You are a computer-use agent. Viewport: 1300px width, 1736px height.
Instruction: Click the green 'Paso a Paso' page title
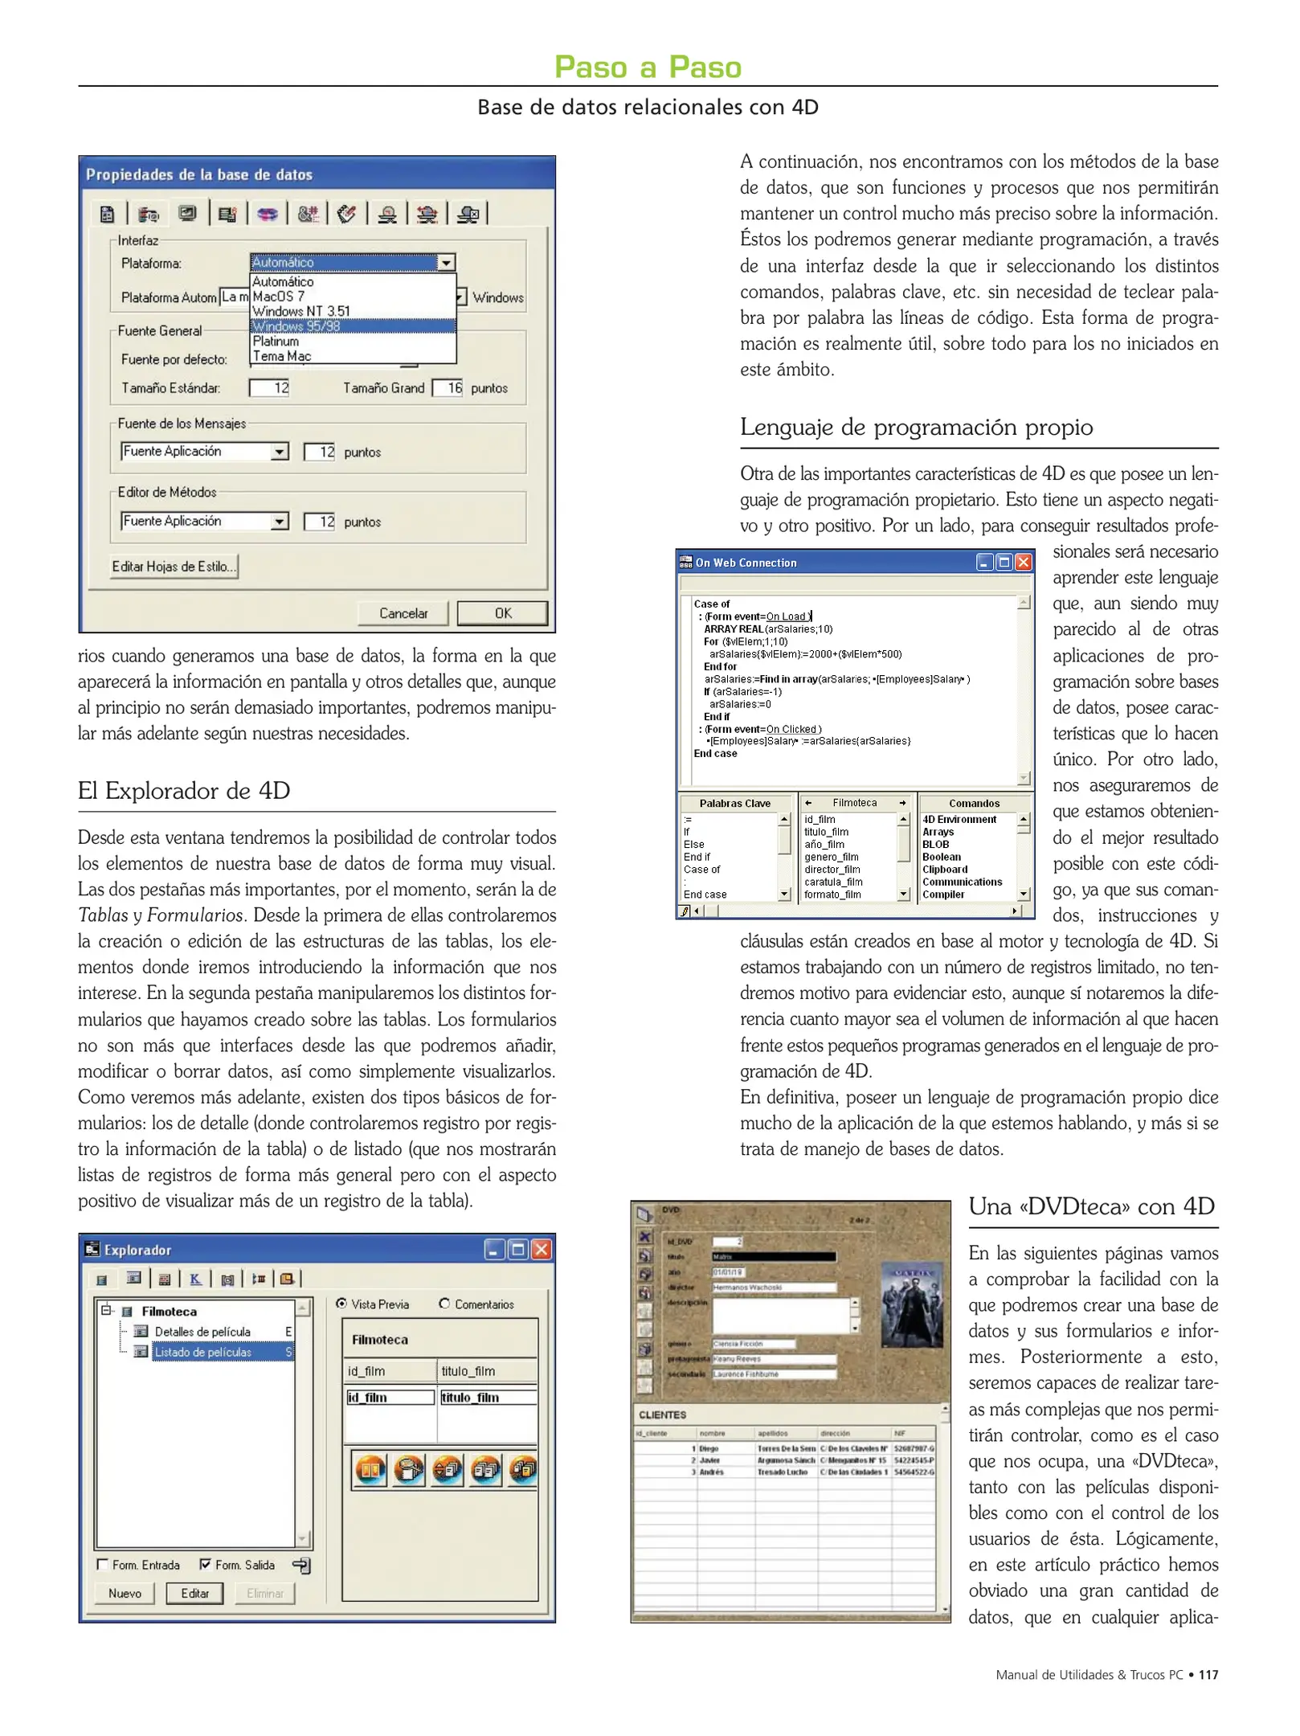[x=648, y=67]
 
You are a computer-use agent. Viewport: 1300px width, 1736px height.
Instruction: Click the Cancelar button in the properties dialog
[x=403, y=613]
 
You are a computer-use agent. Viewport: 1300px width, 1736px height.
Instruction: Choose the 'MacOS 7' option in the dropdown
[x=278, y=297]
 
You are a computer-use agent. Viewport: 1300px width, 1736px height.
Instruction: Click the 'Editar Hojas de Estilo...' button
[x=174, y=567]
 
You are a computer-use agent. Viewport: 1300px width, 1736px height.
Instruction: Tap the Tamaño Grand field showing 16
[x=448, y=388]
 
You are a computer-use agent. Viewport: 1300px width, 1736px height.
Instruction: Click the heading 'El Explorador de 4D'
[x=184, y=791]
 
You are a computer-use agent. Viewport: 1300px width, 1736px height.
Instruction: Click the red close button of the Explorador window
[x=542, y=1249]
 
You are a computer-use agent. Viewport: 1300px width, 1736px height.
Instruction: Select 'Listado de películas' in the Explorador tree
[x=202, y=1352]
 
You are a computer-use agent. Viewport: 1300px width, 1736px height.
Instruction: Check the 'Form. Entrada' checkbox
[x=102, y=1564]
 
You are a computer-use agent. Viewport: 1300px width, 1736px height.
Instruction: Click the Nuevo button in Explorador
[x=125, y=1593]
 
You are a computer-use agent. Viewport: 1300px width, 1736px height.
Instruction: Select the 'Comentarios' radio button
[x=444, y=1304]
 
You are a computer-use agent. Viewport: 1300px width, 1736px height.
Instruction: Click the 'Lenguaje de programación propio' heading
[x=916, y=427]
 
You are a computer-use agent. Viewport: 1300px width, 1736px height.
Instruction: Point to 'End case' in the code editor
[x=715, y=754]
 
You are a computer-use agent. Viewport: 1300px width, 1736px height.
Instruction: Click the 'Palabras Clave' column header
[x=734, y=803]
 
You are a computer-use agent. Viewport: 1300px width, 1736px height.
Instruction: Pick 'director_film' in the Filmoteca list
[x=832, y=870]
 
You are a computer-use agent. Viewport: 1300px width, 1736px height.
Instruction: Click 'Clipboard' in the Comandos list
[x=945, y=870]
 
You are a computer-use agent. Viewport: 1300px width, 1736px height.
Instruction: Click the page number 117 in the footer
[x=1208, y=1675]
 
